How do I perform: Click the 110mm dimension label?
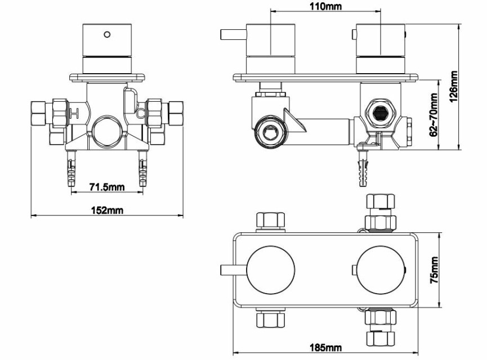pyautogui.click(x=325, y=6)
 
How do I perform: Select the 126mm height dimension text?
pyautogui.click(x=454, y=87)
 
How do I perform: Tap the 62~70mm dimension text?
pyautogui.click(x=434, y=115)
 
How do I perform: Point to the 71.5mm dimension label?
pyautogui.click(x=107, y=187)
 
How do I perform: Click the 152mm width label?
pyautogui.click(x=107, y=210)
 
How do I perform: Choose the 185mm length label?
pyautogui.click(x=325, y=347)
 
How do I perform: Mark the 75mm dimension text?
pyautogui.click(x=434, y=269)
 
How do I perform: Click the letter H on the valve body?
pyautogui.click(x=74, y=113)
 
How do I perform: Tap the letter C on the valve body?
pyautogui.click(x=141, y=113)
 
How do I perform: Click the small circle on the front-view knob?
pyautogui.click(x=107, y=34)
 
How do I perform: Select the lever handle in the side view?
pyautogui.click(x=233, y=34)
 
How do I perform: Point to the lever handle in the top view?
pyautogui.click(x=233, y=270)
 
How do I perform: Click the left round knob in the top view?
pyautogui.click(x=270, y=270)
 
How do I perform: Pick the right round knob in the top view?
pyautogui.click(x=381, y=270)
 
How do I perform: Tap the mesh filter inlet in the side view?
pyautogui.click(x=379, y=114)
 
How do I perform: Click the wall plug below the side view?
pyautogui.click(x=363, y=168)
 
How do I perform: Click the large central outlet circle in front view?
pyautogui.click(x=107, y=132)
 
